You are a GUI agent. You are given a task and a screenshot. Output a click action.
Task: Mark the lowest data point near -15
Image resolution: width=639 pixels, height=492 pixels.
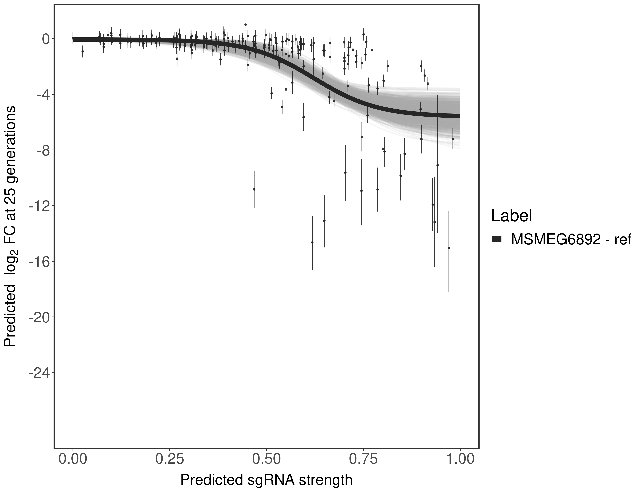[x=449, y=248]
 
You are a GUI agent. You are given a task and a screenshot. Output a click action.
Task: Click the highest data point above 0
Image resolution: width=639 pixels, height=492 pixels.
[x=245, y=25]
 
